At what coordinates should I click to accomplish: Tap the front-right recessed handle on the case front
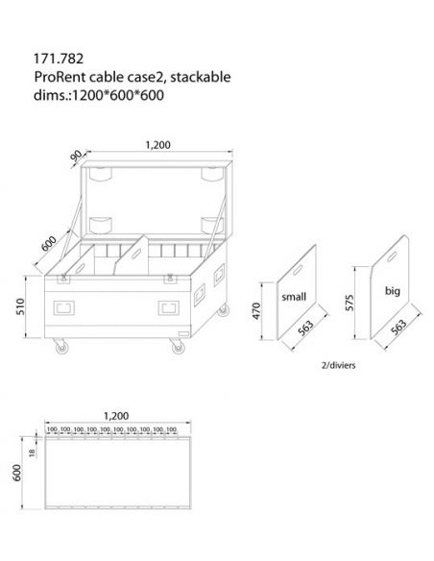[169, 309]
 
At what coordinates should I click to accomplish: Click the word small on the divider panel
[293, 298]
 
